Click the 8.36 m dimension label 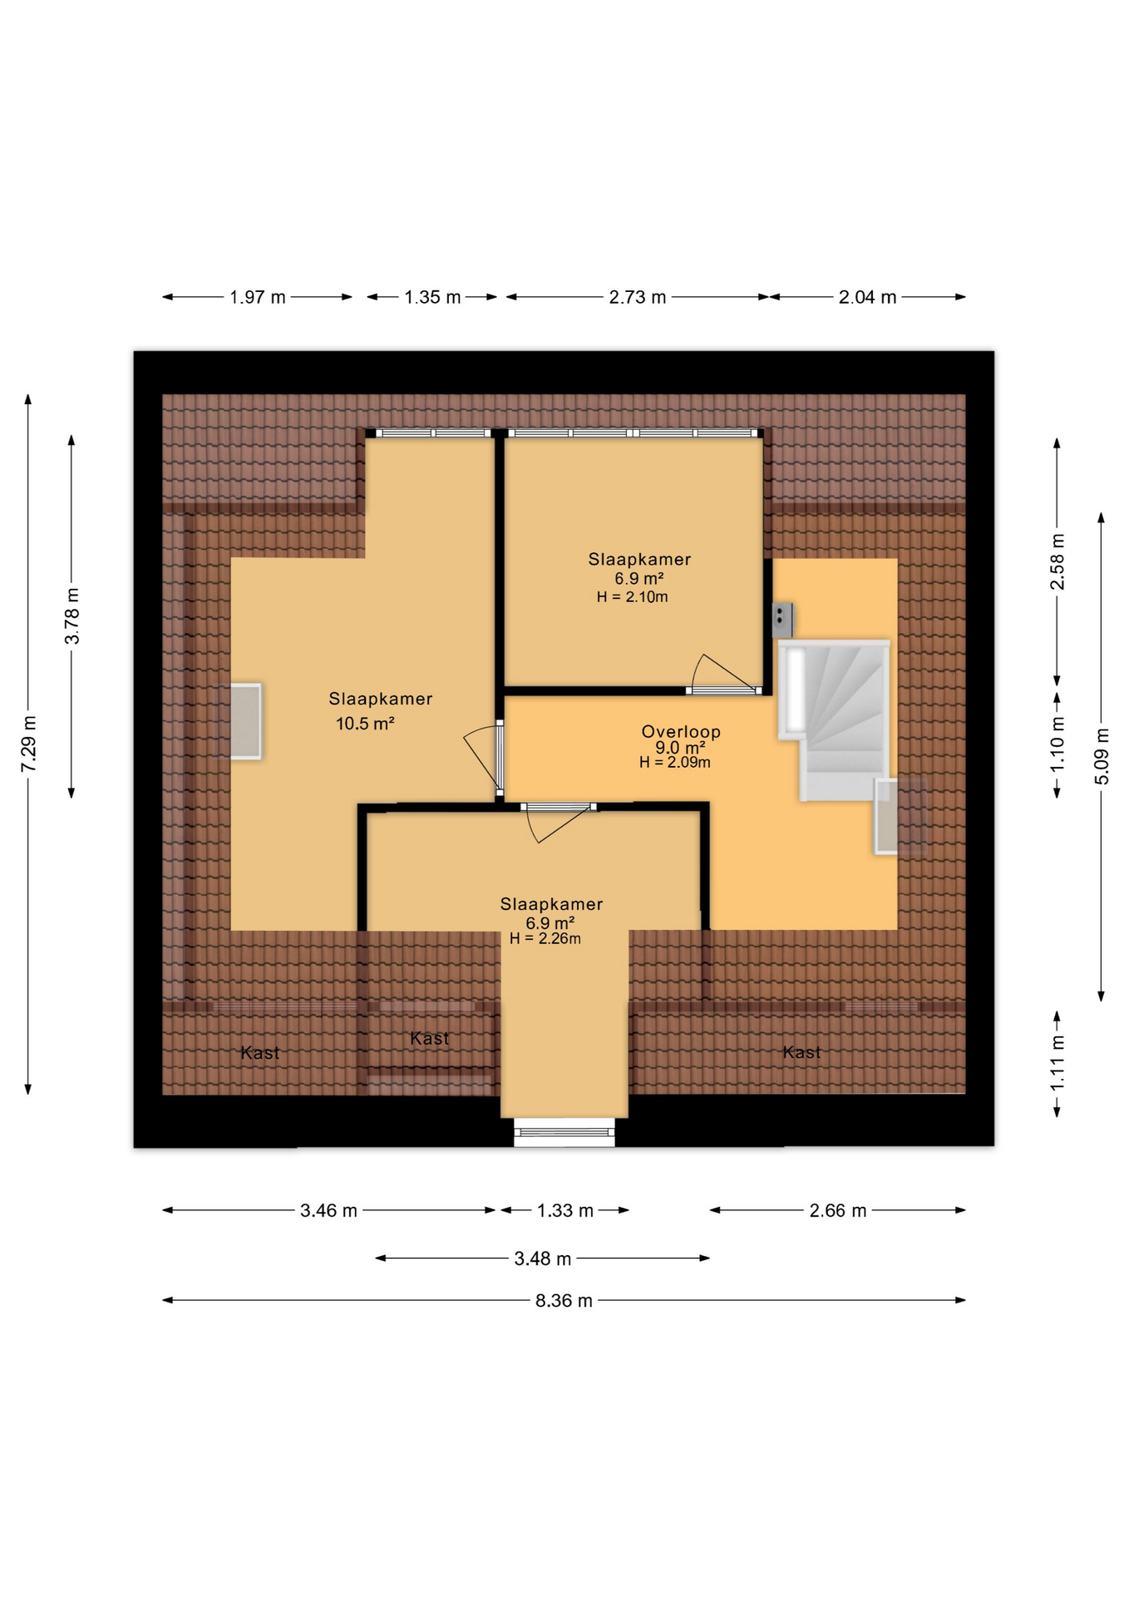tap(564, 1300)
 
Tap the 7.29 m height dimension tap(29, 743)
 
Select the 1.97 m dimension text tap(258, 297)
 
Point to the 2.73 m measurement tap(638, 297)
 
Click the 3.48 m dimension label tap(543, 1258)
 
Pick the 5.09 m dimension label tap(1102, 756)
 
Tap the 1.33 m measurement tap(565, 1210)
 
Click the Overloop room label tap(681, 731)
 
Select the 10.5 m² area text tap(365, 724)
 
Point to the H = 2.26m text tap(545, 938)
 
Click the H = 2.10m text tap(632, 596)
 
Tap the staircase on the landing tap(835, 720)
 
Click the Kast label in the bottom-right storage tap(802, 1052)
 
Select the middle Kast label tap(430, 1038)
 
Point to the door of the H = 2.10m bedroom tap(725, 673)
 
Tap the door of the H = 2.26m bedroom tap(559, 823)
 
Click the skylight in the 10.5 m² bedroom tap(245, 721)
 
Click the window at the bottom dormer tap(564, 1133)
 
